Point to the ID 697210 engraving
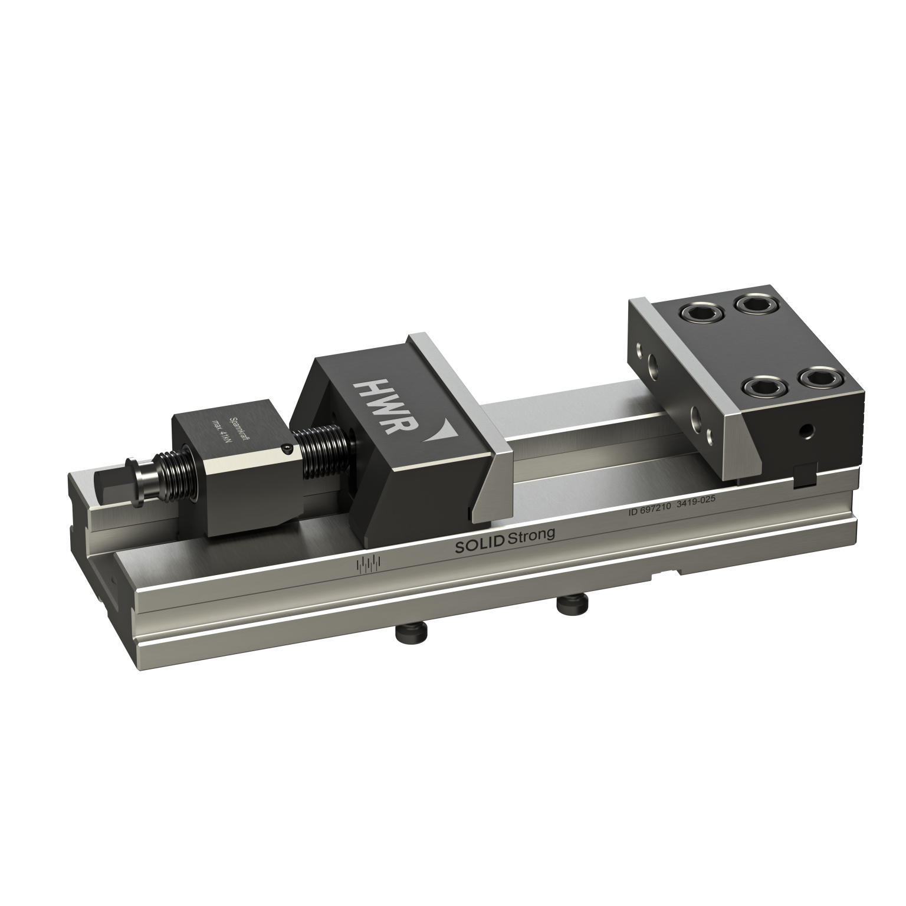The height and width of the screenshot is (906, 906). [649, 511]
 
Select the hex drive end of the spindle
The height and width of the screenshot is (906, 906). [109, 487]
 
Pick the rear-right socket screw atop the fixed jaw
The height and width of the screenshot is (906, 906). [751, 304]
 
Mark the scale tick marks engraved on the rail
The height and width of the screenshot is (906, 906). [369, 564]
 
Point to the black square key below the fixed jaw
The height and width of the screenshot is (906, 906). [803, 476]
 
